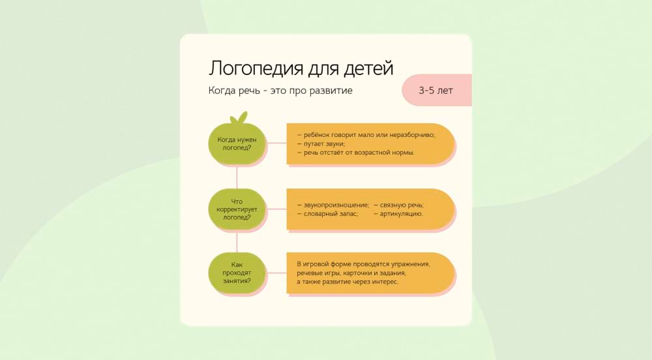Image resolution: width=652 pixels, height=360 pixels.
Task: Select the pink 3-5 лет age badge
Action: (x=436, y=90)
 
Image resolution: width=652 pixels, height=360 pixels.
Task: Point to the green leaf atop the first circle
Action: (x=239, y=118)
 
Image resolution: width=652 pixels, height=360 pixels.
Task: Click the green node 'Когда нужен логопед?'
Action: (x=237, y=143)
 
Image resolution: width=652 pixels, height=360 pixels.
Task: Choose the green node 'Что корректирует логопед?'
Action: (x=237, y=209)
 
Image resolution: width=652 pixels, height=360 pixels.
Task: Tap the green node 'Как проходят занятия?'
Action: (x=237, y=273)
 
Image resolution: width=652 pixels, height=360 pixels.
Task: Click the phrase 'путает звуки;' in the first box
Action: (x=323, y=143)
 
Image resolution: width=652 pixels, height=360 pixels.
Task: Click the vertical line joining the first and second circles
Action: (x=237, y=176)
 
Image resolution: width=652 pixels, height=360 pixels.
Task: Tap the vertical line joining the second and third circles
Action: (x=237, y=241)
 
